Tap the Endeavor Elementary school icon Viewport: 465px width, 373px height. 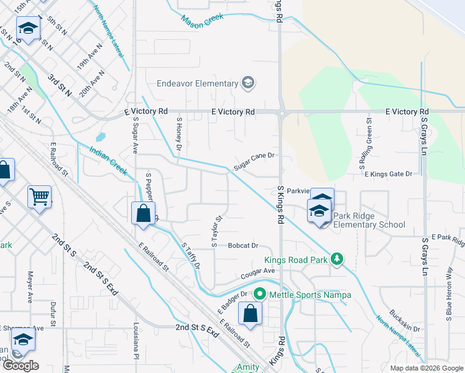[247, 83]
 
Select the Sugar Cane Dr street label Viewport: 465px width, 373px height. [254, 162]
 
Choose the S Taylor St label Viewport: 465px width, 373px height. [217, 231]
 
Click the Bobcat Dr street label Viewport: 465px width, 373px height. [242, 246]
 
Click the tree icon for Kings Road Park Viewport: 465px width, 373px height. [336, 259]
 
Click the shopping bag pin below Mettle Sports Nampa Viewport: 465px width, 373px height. [250, 314]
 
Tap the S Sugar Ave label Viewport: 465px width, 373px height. [134, 137]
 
